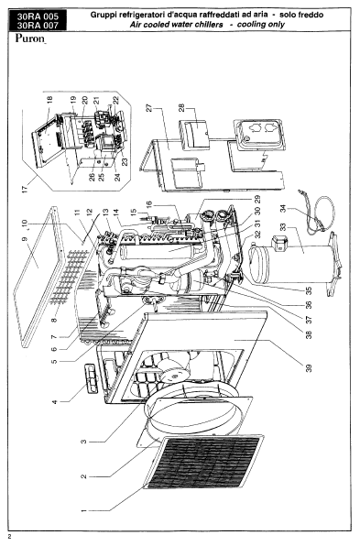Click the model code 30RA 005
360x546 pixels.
click(x=38, y=16)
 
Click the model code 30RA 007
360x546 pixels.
click(x=38, y=25)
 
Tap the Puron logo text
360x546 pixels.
click(x=30, y=38)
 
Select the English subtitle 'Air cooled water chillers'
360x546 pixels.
click(x=176, y=25)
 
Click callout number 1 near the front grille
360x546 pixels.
click(x=83, y=510)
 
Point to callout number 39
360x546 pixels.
click(x=309, y=367)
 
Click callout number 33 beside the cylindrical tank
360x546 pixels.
click(x=283, y=227)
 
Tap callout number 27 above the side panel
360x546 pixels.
click(x=149, y=108)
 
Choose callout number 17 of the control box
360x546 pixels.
click(x=25, y=191)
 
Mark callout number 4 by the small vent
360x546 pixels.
click(x=55, y=402)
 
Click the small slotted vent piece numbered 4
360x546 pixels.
click(x=92, y=379)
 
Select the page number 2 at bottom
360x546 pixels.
click(x=10, y=536)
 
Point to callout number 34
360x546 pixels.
click(x=283, y=209)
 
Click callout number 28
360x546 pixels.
click(x=181, y=108)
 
